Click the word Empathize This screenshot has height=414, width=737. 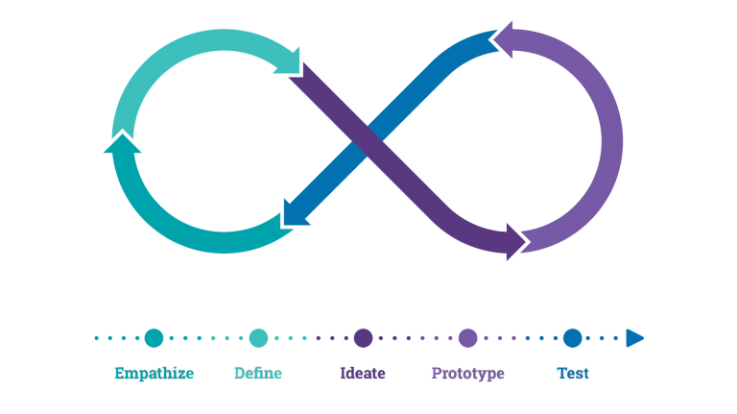(x=154, y=374)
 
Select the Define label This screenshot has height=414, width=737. (x=258, y=374)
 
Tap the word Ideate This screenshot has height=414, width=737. (x=363, y=374)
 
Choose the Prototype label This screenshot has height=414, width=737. (x=467, y=374)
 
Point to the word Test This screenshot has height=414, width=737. (x=573, y=374)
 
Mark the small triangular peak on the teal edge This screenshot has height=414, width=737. (x=121, y=136)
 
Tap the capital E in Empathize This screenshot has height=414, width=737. (x=120, y=374)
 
